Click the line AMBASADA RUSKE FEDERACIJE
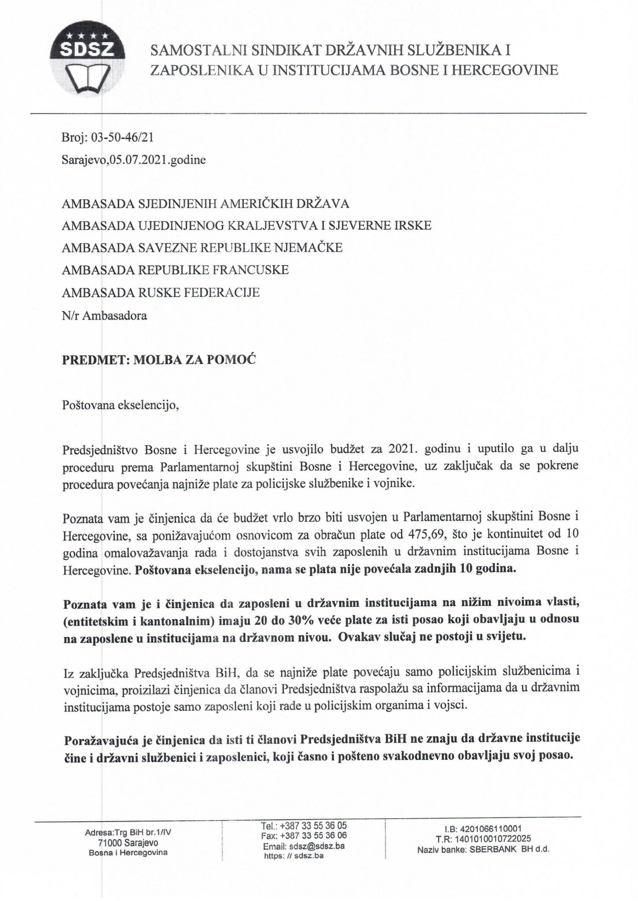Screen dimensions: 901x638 point(161,292)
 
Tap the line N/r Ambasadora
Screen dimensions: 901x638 point(105,315)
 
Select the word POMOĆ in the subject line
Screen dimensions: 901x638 point(237,359)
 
